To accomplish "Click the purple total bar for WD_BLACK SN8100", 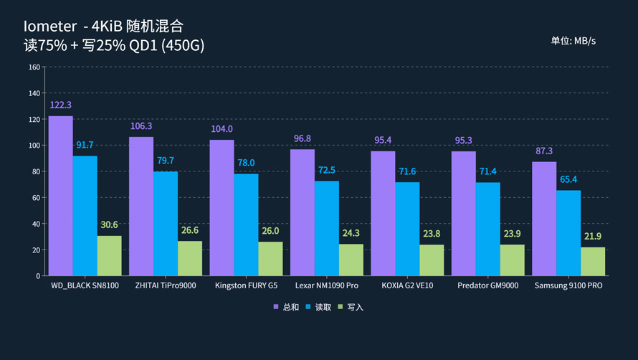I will click(x=61, y=196).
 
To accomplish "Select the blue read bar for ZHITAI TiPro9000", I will click(x=166, y=224).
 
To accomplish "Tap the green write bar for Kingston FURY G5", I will click(x=270, y=259).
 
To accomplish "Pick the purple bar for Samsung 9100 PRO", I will click(x=544, y=219).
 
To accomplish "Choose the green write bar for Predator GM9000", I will click(x=512, y=260).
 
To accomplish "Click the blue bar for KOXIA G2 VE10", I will click(x=407, y=229).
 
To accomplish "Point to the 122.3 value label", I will click(x=61, y=105).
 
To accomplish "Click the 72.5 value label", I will click(x=327, y=170).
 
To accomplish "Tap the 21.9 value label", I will click(x=593, y=237).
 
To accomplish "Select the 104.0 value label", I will click(x=222, y=129).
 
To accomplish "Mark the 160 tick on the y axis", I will click(x=34, y=67).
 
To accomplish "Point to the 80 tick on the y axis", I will click(x=36, y=171).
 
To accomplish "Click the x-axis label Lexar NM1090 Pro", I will click(x=327, y=285).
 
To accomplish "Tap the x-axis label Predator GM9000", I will click(x=487, y=285).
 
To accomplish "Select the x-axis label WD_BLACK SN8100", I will click(x=85, y=285).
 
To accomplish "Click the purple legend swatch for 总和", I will click(x=276, y=307).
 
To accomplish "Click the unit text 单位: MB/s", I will click(x=573, y=41).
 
